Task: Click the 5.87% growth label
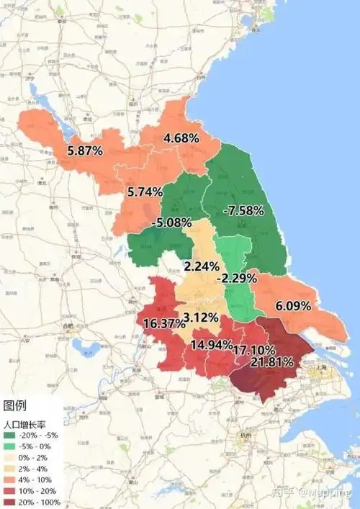coord(84,151)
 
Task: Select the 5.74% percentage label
coord(145,192)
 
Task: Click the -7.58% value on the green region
coord(243,210)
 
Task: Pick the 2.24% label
coord(201,266)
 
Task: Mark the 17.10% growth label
coord(253,349)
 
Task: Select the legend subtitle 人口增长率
coord(27,424)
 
